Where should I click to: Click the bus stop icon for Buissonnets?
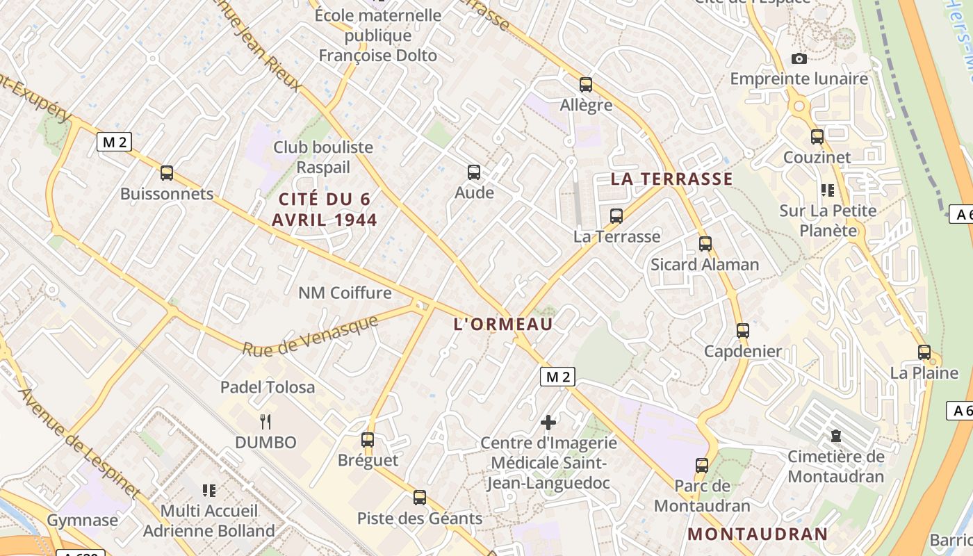pyautogui.click(x=167, y=173)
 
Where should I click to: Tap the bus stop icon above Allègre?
pyautogui.click(x=586, y=85)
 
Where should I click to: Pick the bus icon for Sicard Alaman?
pyautogui.click(x=705, y=244)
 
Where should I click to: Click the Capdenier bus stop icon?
pyautogui.click(x=743, y=331)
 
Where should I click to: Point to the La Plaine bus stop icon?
pyautogui.click(x=924, y=352)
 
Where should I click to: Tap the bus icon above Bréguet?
pyautogui.click(x=368, y=440)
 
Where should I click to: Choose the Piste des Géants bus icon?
pyautogui.click(x=420, y=498)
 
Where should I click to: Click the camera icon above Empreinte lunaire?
pyautogui.click(x=799, y=59)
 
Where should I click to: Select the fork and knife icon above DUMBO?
pyautogui.click(x=265, y=421)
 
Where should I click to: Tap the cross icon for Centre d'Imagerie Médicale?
pyautogui.click(x=548, y=422)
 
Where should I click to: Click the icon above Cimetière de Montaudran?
pyautogui.click(x=836, y=436)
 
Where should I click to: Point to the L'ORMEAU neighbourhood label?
pyautogui.click(x=503, y=324)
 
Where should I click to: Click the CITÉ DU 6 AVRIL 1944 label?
pyautogui.click(x=325, y=210)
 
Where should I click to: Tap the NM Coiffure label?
pyautogui.click(x=345, y=293)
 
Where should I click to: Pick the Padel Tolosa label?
pyautogui.click(x=268, y=387)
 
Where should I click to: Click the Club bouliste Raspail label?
pyautogui.click(x=323, y=157)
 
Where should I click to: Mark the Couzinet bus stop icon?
pyautogui.click(x=817, y=137)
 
